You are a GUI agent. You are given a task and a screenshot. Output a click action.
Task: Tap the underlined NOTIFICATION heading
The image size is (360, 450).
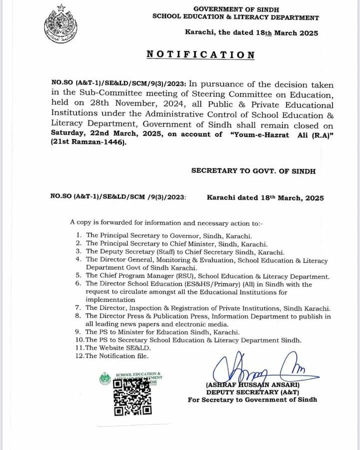point(200,55)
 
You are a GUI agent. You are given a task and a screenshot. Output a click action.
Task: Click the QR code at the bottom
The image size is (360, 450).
point(132,397)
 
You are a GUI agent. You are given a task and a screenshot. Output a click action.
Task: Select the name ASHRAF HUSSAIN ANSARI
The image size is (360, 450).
point(252,385)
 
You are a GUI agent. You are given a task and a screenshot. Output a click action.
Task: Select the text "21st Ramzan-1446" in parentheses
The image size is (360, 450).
point(88,142)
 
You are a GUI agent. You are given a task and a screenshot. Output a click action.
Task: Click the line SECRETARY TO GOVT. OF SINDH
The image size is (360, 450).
point(253,171)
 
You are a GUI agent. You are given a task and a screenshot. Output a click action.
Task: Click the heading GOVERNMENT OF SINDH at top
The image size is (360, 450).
point(236,9)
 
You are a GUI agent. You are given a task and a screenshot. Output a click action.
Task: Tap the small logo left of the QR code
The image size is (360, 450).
point(105,379)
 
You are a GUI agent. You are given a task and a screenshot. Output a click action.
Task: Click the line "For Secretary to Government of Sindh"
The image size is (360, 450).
point(252,400)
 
